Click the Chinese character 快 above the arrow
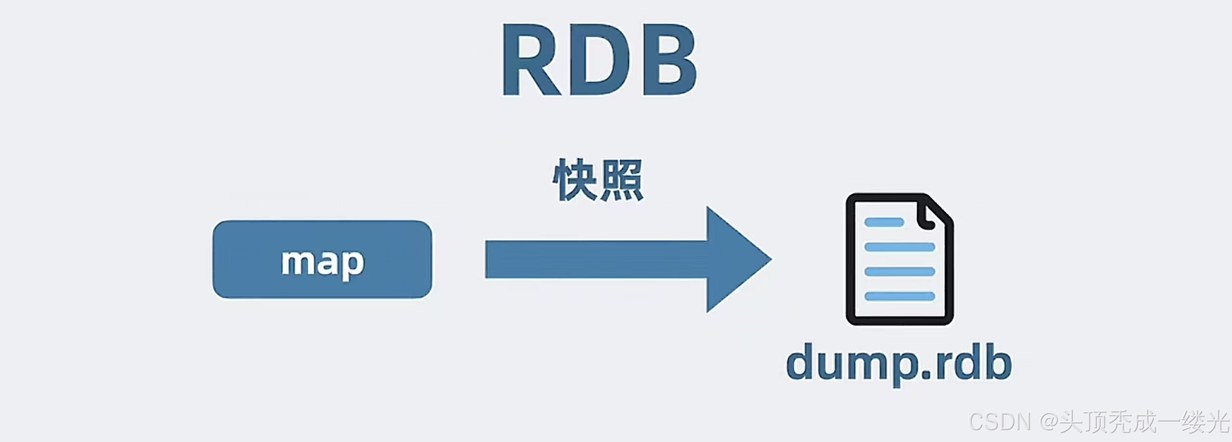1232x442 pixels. [x=575, y=180]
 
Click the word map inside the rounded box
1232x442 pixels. [x=322, y=262]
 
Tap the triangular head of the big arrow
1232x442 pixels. [x=736, y=260]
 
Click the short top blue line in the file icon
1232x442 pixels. [x=884, y=222]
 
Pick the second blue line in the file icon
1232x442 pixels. [x=899, y=247]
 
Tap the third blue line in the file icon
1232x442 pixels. [x=899, y=272]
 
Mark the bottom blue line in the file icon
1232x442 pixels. [x=899, y=296]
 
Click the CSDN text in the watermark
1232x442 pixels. [x=999, y=422]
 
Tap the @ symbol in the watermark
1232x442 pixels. [x=1049, y=422]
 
